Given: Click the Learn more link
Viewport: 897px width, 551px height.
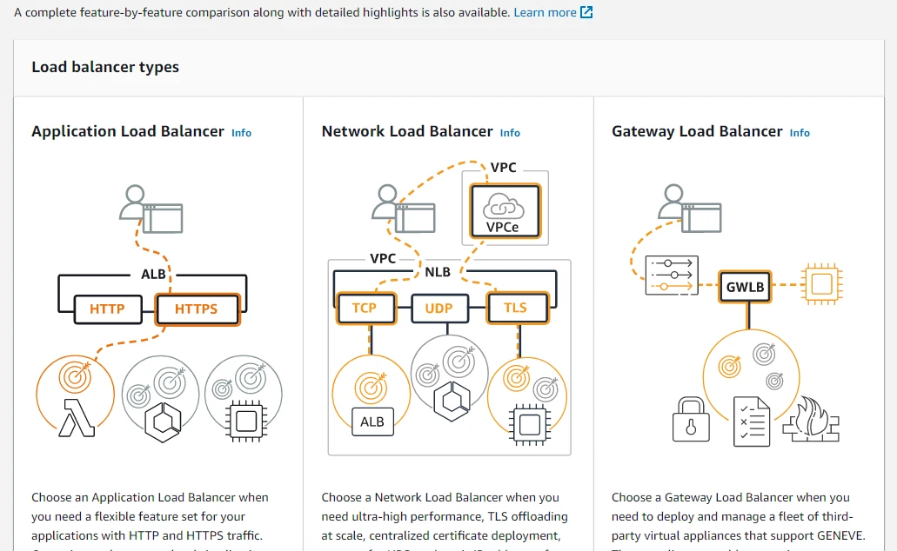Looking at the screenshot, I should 545,12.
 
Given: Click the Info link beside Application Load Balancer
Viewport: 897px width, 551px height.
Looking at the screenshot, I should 241,133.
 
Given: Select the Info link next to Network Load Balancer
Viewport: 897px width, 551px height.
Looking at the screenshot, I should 510,133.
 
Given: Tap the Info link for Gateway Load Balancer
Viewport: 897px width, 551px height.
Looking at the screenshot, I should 800,133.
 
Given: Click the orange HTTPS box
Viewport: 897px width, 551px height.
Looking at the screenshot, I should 197,309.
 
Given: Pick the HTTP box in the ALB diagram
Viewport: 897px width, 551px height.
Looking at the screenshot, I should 107,309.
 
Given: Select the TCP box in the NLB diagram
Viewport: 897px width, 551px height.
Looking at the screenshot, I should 365,309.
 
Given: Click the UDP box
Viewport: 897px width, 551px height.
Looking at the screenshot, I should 439,309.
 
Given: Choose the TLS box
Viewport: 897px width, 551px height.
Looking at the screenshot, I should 515,309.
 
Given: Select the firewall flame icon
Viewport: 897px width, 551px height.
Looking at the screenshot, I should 810,420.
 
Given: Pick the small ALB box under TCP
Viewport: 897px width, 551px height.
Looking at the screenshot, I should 372,422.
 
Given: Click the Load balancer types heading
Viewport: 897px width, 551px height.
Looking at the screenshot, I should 105,67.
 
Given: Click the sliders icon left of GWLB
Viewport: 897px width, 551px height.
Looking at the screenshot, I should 671,275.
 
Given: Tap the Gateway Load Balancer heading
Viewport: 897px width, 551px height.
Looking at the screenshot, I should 697,131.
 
